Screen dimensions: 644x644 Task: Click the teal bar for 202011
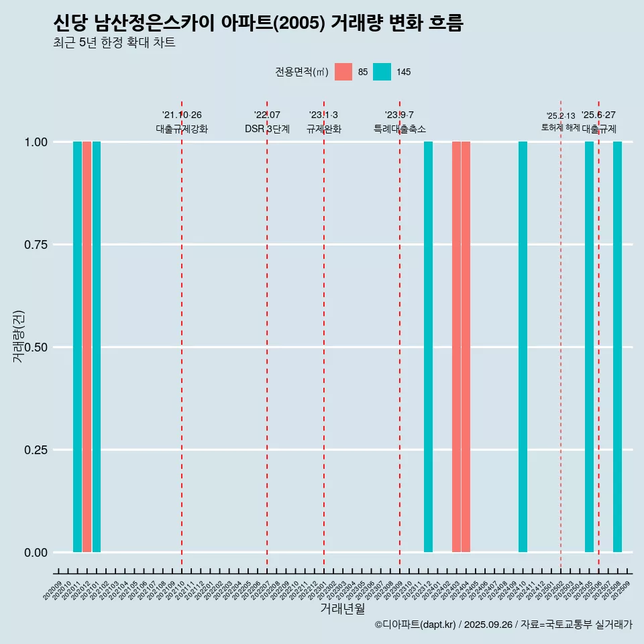point(77,347)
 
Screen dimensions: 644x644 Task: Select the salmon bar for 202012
point(87,347)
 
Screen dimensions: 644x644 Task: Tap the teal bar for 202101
point(97,347)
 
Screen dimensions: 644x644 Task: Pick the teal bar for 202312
point(428,347)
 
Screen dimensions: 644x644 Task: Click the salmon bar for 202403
point(456,347)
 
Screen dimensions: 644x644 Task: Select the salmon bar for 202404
point(466,347)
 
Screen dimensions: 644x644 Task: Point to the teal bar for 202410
point(523,347)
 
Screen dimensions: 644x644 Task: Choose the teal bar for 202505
point(589,347)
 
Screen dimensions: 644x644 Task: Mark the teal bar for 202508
point(617,347)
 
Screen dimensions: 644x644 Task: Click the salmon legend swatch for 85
point(343,72)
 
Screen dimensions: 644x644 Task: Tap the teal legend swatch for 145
point(382,72)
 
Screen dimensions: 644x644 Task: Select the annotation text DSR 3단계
point(267,129)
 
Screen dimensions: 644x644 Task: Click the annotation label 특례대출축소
point(400,129)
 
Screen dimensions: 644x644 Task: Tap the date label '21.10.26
point(182,115)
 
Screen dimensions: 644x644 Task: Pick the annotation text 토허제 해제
point(560,127)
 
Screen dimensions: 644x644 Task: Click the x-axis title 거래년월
point(342,608)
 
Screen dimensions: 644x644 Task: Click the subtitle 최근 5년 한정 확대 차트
point(114,43)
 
